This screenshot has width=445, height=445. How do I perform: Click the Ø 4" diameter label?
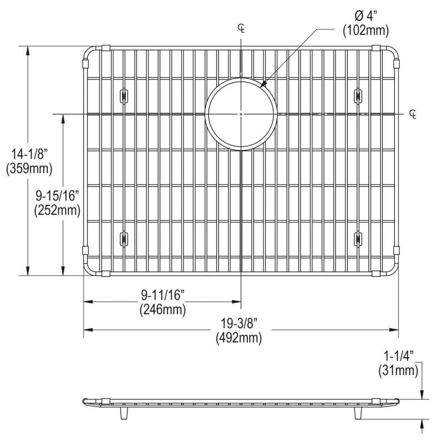pyautogui.click(x=366, y=17)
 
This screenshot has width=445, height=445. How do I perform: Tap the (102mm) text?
pyautogui.click(x=366, y=31)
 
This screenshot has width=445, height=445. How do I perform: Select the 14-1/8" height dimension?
pyautogui.click(x=29, y=155)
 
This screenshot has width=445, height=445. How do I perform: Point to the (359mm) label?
pyautogui.click(x=29, y=169)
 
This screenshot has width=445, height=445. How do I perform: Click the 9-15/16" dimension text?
pyautogui.click(x=57, y=196)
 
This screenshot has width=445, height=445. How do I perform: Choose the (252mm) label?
pyautogui.click(x=57, y=211)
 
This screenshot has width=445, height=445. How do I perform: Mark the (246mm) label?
pyautogui.click(x=162, y=310)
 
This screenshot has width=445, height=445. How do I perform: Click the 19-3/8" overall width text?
pyautogui.click(x=239, y=324)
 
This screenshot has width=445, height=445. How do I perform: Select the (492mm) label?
pyautogui.click(x=239, y=338)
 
